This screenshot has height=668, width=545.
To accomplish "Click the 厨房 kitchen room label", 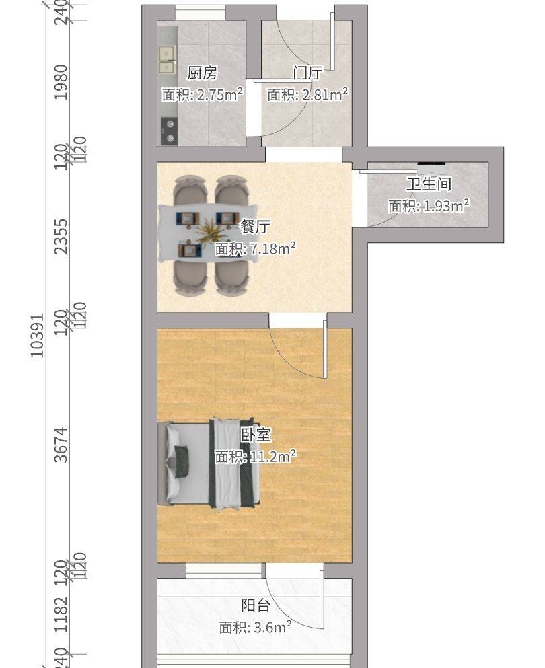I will (x=202, y=73).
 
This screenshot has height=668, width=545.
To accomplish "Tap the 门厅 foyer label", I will (x=307, y=73).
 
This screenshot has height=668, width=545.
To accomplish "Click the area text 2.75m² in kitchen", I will (x=217, y=95).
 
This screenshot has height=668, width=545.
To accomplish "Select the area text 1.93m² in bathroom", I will (x=444, y=206).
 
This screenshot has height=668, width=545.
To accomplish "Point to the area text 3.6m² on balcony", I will (x=270, y=628).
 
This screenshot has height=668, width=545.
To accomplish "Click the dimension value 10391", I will (x=38, y=334).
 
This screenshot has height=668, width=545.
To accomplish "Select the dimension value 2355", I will (x=62, y=236).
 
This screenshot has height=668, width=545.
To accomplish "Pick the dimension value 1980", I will (x=62, y=82).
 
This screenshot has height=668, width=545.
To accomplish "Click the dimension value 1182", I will (x=62, y=614).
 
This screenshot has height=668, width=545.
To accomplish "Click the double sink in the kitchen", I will (x=167, y=59).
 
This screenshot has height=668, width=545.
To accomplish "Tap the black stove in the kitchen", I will (x=168, y=131).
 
